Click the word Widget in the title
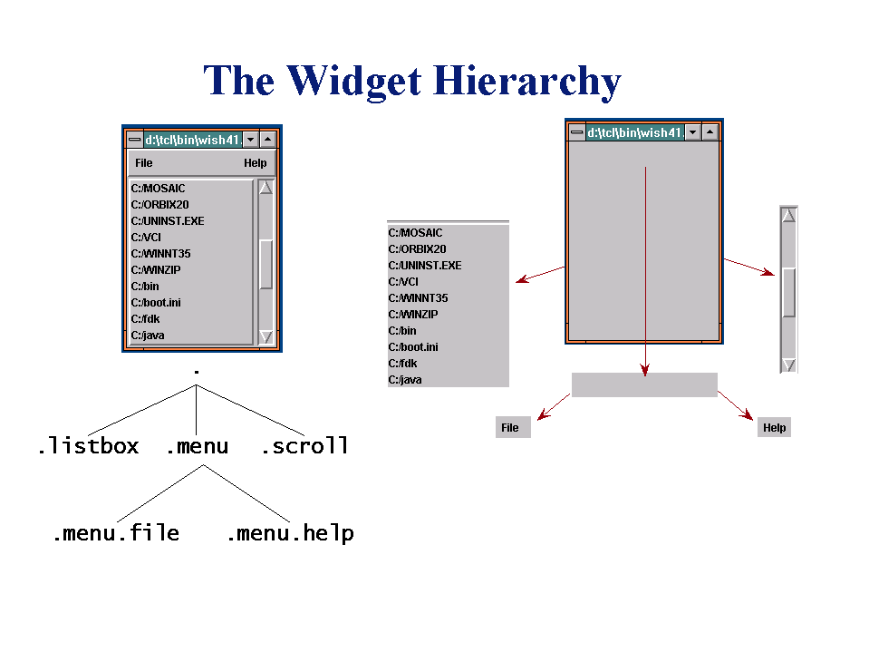(x=353, y=82)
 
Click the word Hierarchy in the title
(x=527, y=82)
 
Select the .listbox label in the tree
(x=88, y=446)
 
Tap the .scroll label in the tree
(x=304, y=446)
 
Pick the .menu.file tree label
(x=116, y=533)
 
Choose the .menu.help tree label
(x=290, y=533)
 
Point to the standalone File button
(x=513, y=427)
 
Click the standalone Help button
(x=774, y=427)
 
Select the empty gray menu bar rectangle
(x=644, y=384)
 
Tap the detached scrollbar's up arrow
(x=788, y=215)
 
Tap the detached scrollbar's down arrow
(x=788, y=365)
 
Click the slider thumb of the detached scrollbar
(x=788, y=293)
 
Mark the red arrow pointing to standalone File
(x=554, y=406)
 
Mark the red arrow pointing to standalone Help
(x=736, y=405)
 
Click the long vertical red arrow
(x=645, y=272)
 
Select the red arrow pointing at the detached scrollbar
(x=749, y=267)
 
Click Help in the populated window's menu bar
(x=255, y=163)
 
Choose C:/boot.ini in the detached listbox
(x=413, y=347)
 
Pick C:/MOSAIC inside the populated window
(x=158, y=189)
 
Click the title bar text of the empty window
(x=634, y=132)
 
